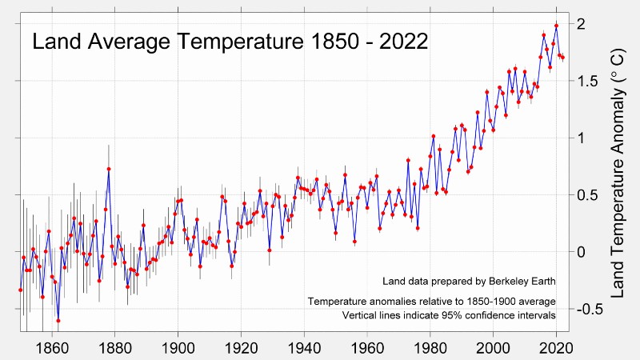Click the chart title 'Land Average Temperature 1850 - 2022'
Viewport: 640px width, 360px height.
229,42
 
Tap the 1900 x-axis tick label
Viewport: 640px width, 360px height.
178,349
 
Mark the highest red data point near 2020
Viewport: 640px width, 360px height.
556,26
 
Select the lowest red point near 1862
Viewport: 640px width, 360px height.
58,321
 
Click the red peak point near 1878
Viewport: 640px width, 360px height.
109,169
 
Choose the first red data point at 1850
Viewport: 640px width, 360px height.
21,290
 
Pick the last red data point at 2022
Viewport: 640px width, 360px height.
562,57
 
